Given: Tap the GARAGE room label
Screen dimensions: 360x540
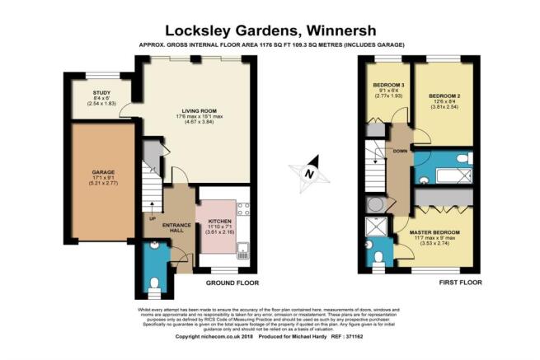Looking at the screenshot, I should (x=102, y=172).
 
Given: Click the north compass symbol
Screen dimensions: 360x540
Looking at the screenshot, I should (x=308, y=173).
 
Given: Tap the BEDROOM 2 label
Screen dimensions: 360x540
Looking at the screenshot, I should (x=443, y=96).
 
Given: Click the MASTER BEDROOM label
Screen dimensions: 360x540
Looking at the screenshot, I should (x=434, y=233).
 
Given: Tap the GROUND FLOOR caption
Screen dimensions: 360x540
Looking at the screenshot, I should (x=231, y=283).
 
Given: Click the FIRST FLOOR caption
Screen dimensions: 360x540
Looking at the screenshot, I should (x=462, y=283).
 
